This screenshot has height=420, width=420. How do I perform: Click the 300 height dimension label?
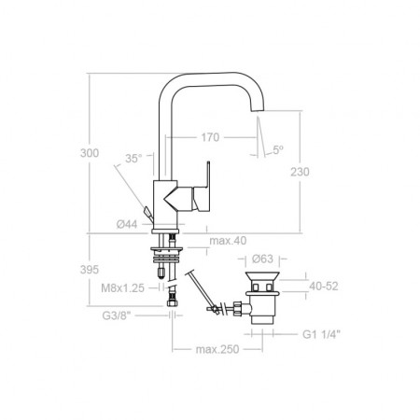[90, 153]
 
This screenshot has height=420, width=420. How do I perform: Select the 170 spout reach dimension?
[210, 137]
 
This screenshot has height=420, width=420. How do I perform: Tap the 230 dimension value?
[300, 172]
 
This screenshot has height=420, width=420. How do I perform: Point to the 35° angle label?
[133, 159]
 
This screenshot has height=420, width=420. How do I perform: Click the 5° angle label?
[278, 150]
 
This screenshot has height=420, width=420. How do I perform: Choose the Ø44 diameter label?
[127, 224]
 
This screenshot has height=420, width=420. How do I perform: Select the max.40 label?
[228, 241]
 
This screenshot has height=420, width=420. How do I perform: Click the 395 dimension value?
[90, 270]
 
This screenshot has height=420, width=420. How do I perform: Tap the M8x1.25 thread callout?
[122, 288]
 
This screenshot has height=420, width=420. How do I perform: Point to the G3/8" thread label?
[116, 315]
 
